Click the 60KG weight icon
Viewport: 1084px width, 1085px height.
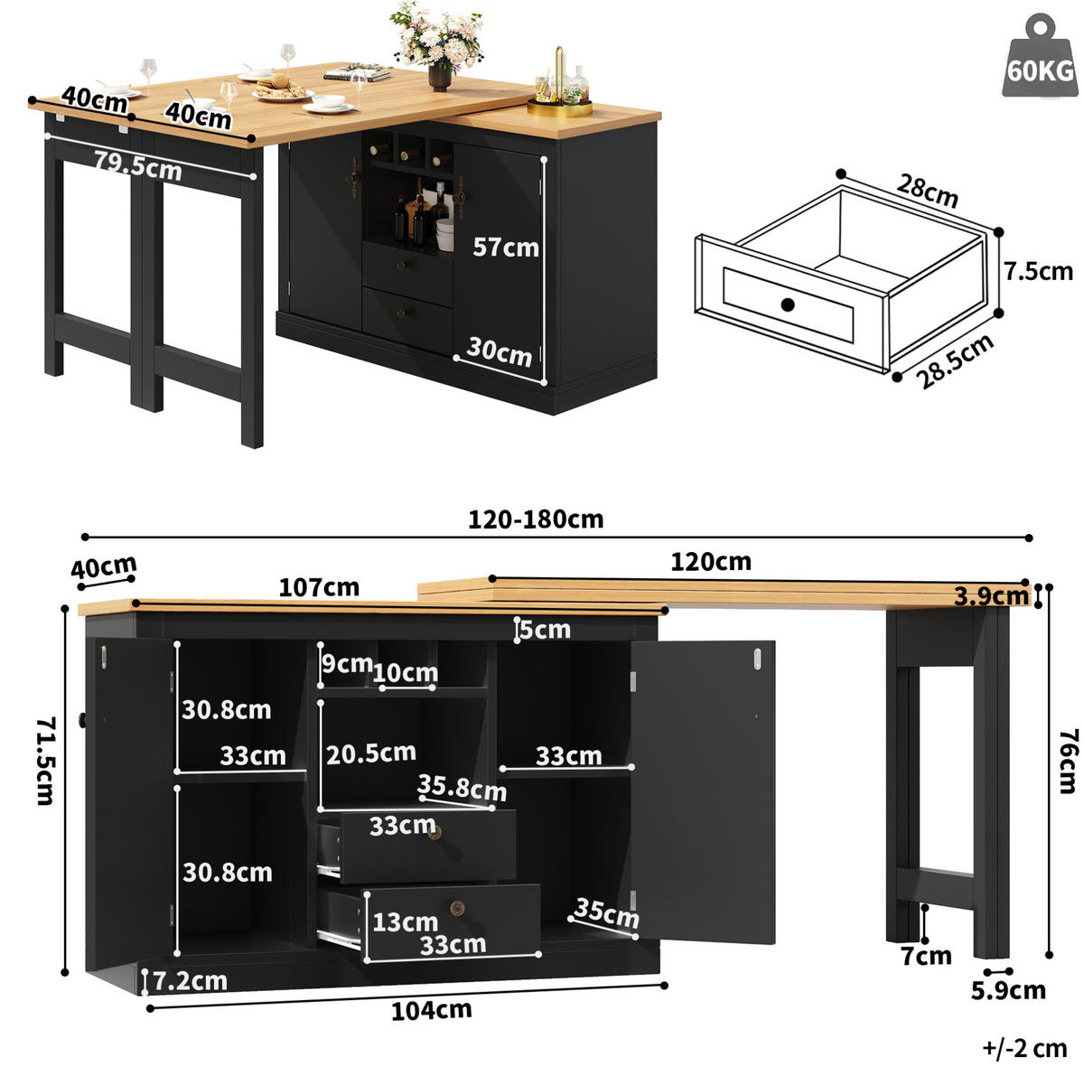[x=1039, y=56]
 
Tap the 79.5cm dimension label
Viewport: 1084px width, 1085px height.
[x=137, y=165]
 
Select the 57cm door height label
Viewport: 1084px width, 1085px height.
[x=505, y=248]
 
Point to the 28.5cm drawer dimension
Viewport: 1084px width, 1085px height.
[x=954, y=361]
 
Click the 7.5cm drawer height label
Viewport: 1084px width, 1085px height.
[x=1039, y=271]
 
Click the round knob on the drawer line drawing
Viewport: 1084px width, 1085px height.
[x=788, y=304]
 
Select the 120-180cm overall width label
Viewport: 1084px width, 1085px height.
[x=536, y=519]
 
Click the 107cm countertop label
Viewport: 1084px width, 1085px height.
[x=319, y=587]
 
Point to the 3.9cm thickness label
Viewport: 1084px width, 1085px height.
[x=991, y=596]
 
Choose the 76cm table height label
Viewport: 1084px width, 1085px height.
[x=1068, y=762]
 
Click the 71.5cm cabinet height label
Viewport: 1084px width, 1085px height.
[x=46, y=761]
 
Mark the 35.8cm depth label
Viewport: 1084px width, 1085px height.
[x=462, y=787]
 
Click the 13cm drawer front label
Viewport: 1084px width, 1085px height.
[x=405, y=921]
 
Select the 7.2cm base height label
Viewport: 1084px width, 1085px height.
[x=190, y=981]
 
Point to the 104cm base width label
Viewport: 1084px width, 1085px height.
[x=432, y=1011]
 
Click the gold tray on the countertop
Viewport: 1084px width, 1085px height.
[x=560, y=108]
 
